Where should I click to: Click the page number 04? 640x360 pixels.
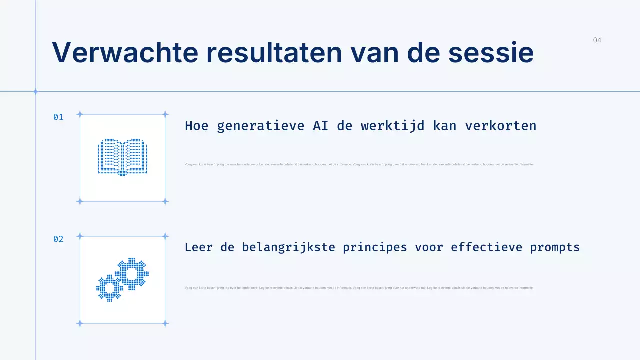pos(597,40)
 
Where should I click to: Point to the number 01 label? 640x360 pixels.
pos(58,117)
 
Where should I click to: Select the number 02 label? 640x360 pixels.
pos(58,239)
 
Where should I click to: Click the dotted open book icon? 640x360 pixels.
pos(122,157)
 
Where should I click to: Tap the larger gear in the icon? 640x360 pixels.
pos(132,274)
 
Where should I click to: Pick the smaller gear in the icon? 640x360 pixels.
pos(109,288)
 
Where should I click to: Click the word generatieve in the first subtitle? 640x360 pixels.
pos(260,126)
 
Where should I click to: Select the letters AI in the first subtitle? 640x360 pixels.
pos(320,126)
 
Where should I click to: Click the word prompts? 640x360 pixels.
pos(555,247)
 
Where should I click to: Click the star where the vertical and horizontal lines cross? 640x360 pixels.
pos(35,92)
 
